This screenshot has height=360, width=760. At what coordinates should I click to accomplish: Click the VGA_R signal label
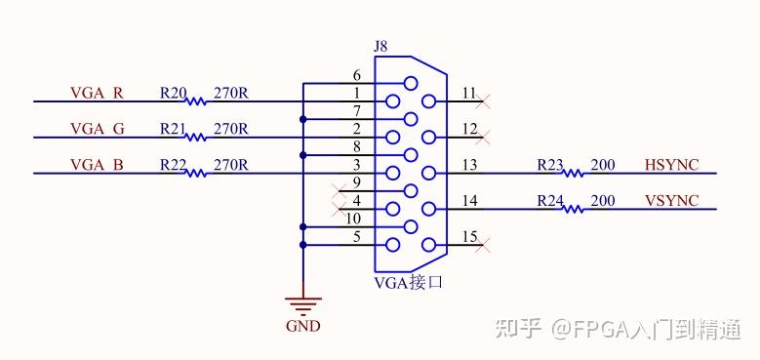pos(97,94)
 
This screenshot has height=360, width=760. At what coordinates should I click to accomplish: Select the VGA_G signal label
pos(97,130)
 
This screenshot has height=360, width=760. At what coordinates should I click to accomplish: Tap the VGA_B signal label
pos(97,165)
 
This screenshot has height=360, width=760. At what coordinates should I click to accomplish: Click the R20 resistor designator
pos(173,94)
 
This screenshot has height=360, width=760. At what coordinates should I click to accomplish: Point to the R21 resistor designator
pos(173,130)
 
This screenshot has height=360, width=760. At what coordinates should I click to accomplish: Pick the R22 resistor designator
pos(173,165)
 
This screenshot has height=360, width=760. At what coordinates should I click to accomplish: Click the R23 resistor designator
pos(550,165)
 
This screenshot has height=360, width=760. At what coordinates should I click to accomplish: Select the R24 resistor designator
pos(550,201)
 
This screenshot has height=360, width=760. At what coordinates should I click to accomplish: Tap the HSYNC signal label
pos(671,165)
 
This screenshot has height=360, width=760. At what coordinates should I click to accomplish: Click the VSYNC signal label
pos(671,201)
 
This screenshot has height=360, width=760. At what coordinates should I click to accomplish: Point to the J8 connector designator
pos(381,46)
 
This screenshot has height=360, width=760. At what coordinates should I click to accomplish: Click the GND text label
pos(302,327)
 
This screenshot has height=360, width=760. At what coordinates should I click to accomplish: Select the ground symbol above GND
pos(302,303)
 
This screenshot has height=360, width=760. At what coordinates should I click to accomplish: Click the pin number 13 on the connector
pos(471,165)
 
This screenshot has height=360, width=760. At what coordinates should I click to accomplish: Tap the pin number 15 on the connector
pos(471,237)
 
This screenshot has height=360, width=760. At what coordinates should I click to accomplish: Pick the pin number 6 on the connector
pos(356,75)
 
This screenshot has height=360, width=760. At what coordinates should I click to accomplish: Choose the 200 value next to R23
pos(603,165)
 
